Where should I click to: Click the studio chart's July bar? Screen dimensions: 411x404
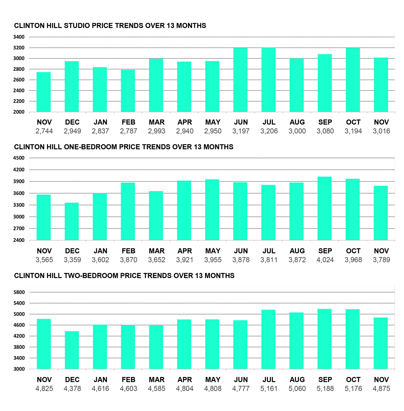pyautogui.click(x=268, y=80)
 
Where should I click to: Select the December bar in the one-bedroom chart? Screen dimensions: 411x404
pyautogui.click(x=72, y=221)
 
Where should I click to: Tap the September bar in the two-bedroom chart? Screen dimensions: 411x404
pyautogui.click(x=324, y=339)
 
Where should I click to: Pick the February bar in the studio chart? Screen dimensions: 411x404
pyautogui.click(x=128, y=91)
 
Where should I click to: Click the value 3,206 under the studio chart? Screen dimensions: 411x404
pyautogui.click(x=269, y=131)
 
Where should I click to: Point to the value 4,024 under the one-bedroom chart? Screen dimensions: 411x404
pyautogui.click(x=325, y=260)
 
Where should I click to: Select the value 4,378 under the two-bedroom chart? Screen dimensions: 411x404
pyautogui.click(x=72, y=388)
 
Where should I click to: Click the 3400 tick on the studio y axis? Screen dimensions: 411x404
pyautogui.click(x=19, y=37)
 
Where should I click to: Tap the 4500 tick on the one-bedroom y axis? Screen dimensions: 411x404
pyautogui.click(x=19, y=158)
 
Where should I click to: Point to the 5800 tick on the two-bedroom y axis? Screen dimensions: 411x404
pyautogui.click(x=19, y=292)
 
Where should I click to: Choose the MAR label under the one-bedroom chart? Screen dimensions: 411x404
pyautogui.click(x=157, y=251)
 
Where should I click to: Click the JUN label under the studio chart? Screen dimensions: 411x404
pyautogui.click(x=241, y=122)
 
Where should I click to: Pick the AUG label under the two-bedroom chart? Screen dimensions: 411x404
pyautogui.click(x=297, y=379)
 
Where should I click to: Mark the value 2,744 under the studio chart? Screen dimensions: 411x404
pyautogui.click(x=44, y=131)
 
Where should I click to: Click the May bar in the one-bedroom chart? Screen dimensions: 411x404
pyautogui.click(x=212, y=210)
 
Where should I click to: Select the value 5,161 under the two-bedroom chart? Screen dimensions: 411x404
pyautogui.click(x=269, y=388)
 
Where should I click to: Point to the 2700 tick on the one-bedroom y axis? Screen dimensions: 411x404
pyautogui.click(x=19, y=229)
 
